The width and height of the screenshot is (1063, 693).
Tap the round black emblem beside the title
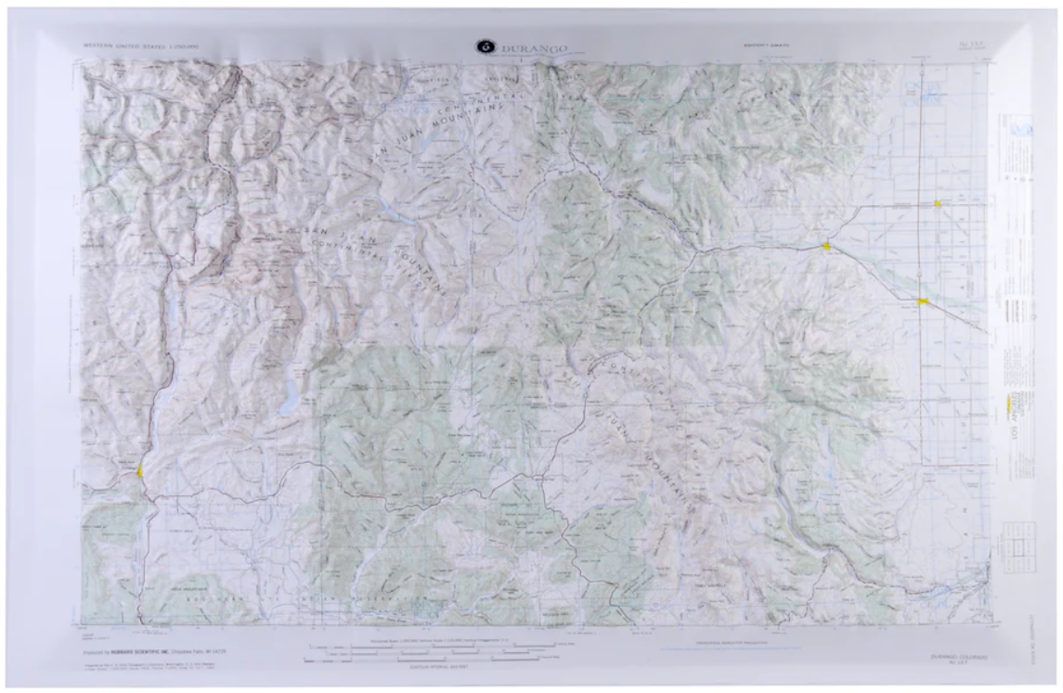pos(484,45)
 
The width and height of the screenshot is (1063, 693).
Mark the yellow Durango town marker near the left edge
pos(139,470)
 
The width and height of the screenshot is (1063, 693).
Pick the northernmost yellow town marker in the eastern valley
pos(939,203)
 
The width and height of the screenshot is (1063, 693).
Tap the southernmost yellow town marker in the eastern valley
pos(922,302)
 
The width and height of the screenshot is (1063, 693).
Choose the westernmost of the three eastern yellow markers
pos(825,246)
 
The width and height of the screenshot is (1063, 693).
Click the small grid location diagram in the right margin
pos(1019,547)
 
